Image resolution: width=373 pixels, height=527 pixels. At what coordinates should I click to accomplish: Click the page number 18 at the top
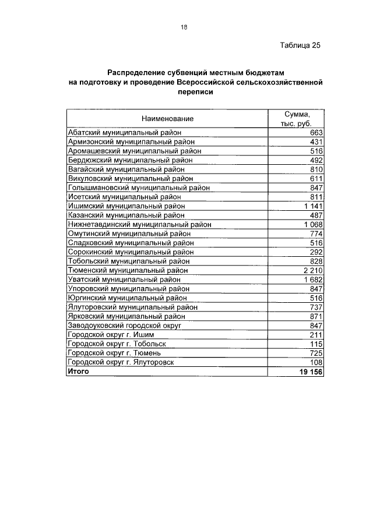pyautogui.click(x=184, y=27)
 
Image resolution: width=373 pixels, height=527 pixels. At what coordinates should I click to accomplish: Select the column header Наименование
pyautogui.click(x=167, y=118)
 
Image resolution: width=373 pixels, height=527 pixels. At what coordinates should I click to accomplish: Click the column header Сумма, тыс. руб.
pyautogui.click(x=295, y=118)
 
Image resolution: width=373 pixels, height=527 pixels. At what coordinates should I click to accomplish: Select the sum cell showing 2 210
pyautogui.click(x=313, y=270)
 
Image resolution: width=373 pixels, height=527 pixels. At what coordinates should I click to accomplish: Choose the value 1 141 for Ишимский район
pyautogui.click(x=313, y=206)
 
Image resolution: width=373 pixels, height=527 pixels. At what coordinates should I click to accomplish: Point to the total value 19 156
pyautogui.click(x=311, y=372)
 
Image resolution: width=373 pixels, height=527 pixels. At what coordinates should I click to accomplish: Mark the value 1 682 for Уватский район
pyautogui.click(x=313, y=280)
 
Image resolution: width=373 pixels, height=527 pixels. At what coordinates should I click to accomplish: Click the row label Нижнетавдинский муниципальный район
pyautogui.click(x=139, y=224)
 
